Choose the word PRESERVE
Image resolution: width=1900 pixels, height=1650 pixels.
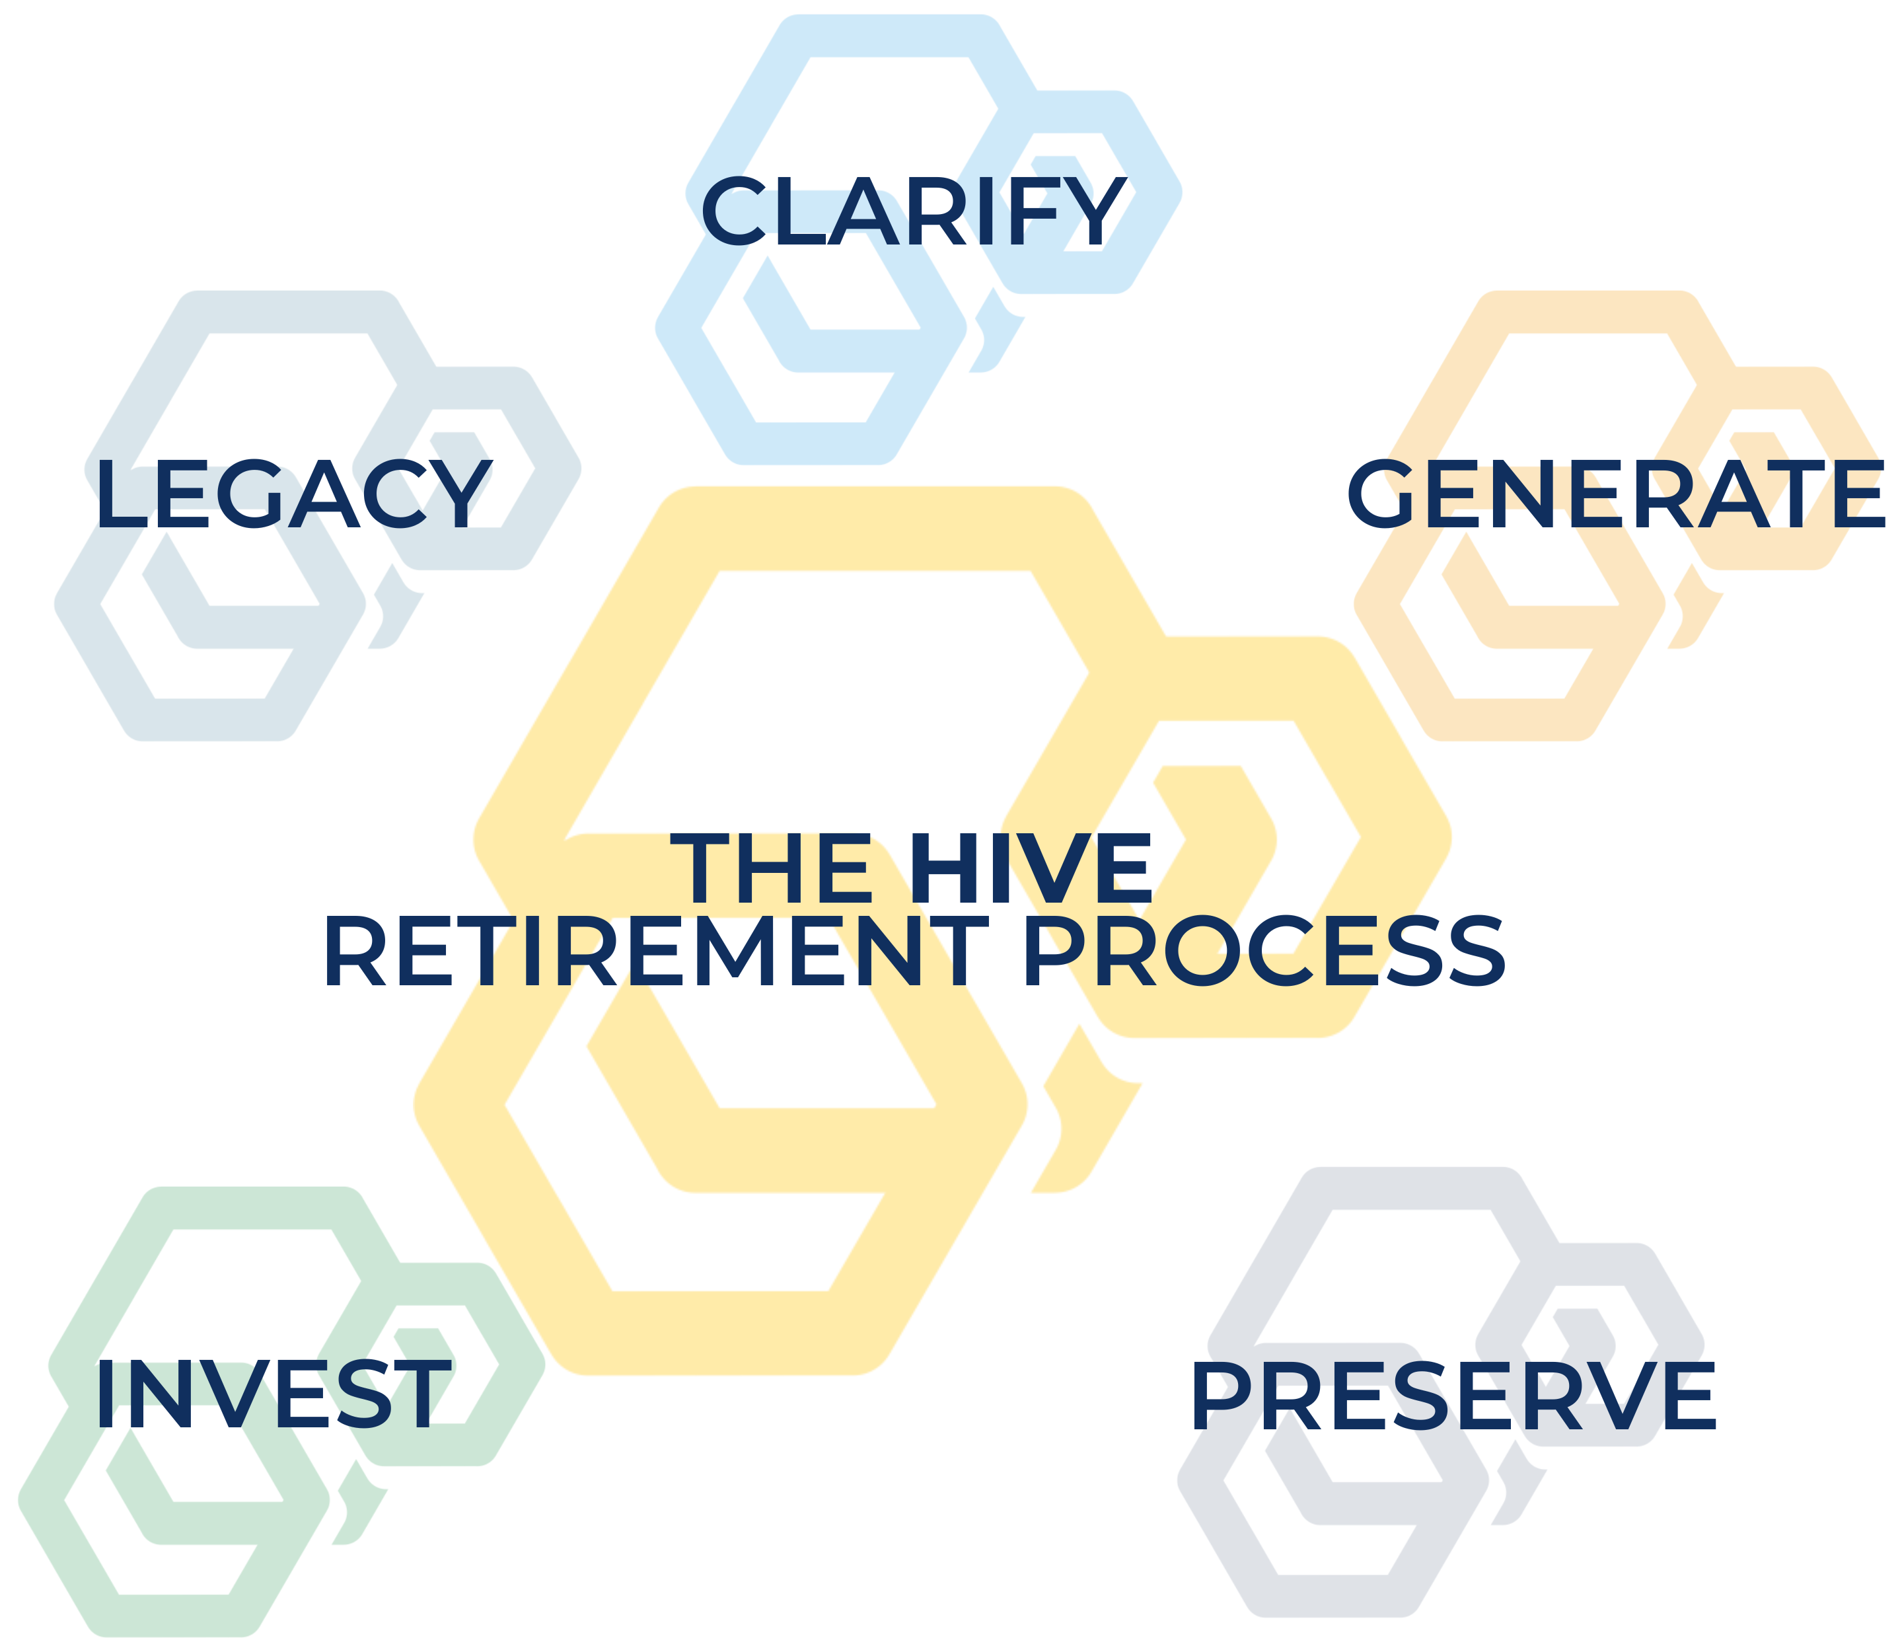point(1453,1396)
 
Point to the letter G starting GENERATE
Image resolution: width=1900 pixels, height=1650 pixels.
point(1380,494)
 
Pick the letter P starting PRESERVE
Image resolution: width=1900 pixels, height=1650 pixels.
point(1221,1396)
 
